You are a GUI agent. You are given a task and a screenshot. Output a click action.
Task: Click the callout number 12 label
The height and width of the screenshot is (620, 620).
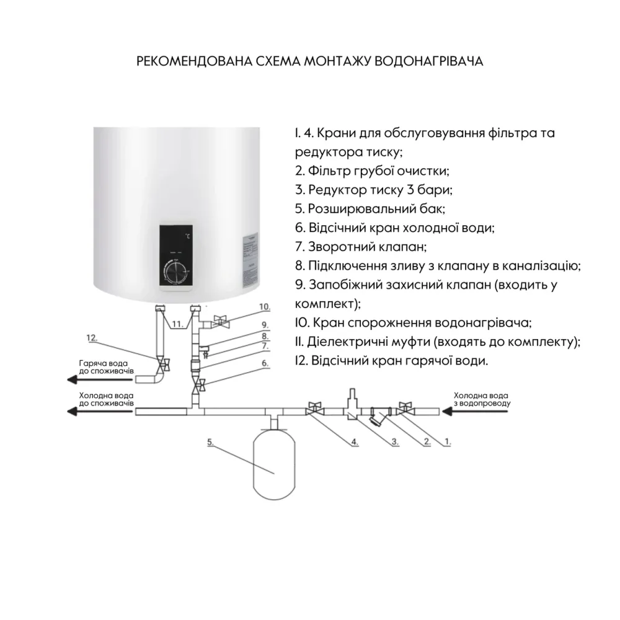click(93, 338)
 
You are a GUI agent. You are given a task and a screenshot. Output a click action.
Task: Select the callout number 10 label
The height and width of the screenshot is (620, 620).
click(265, 306)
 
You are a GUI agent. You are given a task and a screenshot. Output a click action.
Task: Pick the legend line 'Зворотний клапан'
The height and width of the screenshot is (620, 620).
click(361, 247)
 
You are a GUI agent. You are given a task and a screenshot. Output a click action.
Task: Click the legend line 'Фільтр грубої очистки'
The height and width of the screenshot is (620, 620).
click(372, 170)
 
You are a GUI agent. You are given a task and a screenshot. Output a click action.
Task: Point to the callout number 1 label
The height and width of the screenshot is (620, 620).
click(448, 443)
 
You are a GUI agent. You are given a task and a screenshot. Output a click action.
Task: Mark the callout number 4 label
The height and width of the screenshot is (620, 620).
click(353, 442)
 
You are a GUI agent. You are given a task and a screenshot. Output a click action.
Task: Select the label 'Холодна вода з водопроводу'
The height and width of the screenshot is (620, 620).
click(482, 399)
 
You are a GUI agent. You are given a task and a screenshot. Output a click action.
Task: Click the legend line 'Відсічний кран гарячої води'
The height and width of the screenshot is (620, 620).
click(391, 361)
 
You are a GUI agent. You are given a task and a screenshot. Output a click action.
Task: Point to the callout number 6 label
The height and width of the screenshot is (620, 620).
click(265, 363)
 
